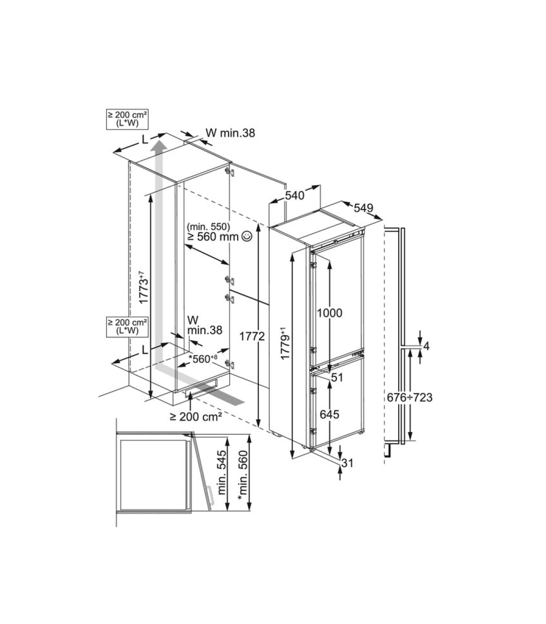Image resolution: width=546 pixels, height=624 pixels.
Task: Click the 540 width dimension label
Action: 294,196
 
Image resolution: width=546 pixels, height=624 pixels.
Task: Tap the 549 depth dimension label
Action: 363,208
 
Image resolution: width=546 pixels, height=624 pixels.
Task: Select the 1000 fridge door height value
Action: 329,313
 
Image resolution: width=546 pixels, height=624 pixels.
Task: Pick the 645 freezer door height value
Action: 329,414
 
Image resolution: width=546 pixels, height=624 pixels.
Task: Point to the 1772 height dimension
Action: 252,337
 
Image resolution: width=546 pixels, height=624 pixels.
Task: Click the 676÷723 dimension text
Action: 409,398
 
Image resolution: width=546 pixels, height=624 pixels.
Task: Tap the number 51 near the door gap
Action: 337,377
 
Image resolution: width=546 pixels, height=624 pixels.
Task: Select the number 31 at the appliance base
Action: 347,463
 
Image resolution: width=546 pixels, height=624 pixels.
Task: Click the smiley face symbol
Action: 247,236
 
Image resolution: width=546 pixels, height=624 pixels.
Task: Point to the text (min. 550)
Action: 209,227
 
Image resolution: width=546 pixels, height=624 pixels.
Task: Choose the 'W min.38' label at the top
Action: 230,133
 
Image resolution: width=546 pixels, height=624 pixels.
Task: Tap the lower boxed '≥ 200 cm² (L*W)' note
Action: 127,327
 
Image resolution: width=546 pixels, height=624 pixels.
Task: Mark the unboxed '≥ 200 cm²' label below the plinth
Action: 196,417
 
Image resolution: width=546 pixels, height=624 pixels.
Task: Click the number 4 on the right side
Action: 426,346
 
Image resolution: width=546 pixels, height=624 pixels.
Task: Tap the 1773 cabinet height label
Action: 143,287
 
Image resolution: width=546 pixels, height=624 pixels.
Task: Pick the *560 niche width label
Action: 203,359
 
